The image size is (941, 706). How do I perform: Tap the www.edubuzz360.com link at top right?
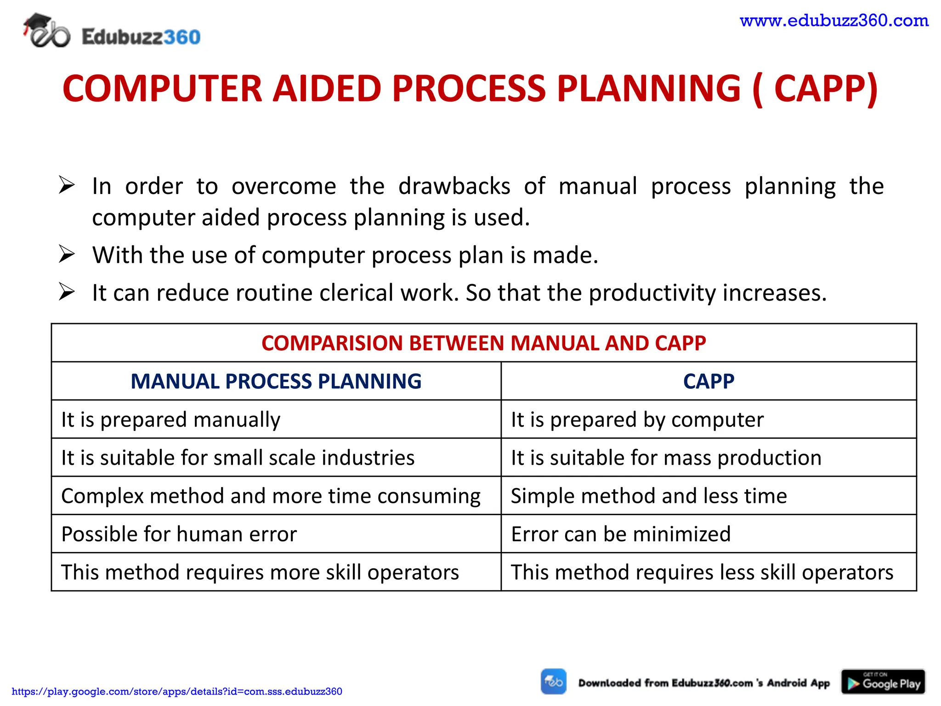click(834, 21)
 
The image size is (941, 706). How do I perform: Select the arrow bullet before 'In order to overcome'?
click(67, 186)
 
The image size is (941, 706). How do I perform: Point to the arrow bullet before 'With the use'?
click(67, 255)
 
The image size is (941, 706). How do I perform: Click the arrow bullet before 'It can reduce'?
click(67, 292)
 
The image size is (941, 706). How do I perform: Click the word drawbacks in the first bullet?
click(454, 187)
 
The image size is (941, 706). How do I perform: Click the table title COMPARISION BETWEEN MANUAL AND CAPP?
click(483, 343)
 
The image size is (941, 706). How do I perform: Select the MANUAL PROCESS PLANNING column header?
click(276, 381)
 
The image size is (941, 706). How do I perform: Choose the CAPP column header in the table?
click(708, 381)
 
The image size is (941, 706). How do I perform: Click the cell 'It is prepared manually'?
click(171, 420)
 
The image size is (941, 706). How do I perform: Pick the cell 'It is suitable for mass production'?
click(666, 458)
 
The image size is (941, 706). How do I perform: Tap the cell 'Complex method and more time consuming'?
click(271, 496)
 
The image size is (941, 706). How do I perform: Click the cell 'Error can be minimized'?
click(620, 534)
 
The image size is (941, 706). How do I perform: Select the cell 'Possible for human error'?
click(179, 534)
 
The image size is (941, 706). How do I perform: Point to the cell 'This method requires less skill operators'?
click(702, 572)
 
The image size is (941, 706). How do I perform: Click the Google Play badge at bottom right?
click(883, 682)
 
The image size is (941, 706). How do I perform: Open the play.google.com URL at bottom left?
click(177, 691)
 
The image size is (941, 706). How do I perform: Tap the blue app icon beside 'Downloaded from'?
click(553, 681)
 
